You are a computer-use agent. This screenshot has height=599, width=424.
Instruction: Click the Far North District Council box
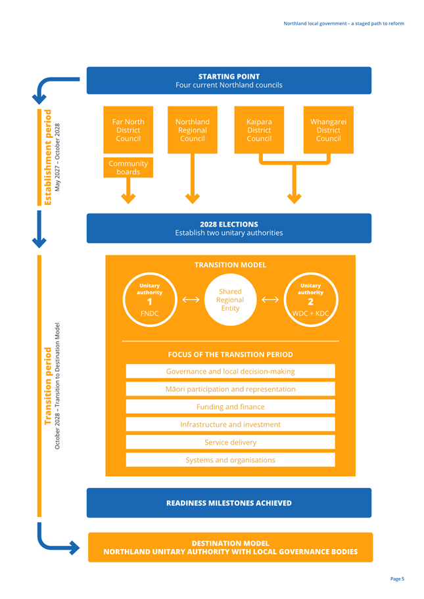(128, 130)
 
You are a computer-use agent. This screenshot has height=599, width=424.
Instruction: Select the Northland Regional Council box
(193, 130)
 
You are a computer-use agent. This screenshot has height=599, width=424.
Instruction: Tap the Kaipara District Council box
(259, 130)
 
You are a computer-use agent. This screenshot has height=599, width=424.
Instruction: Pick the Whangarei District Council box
(329, 130)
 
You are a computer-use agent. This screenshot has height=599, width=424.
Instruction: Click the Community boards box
(128, 167)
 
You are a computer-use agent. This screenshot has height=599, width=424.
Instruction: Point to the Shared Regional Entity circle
(230, 300)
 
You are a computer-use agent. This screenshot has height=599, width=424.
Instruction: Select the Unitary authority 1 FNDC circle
(149, 300)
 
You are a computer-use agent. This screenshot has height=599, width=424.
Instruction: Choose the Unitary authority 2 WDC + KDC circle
(310, 300)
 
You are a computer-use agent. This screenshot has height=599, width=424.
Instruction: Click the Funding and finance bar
(231, 407)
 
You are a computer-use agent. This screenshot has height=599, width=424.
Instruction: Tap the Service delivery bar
(231, 442)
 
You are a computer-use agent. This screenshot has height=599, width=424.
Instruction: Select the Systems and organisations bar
(231, 460)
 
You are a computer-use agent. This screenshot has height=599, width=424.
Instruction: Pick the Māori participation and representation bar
(231, 389)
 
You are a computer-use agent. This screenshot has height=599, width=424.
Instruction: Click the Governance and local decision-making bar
(231, 371)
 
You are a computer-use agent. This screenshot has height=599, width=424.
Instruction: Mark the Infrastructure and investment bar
(231, 424)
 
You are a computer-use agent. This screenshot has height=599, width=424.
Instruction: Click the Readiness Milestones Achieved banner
(229, 502)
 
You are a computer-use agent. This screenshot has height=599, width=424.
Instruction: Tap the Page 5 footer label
(397, 579)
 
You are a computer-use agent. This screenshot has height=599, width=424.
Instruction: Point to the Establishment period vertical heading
(48, 158)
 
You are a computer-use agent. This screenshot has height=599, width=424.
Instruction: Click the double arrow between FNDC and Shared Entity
(191, 299)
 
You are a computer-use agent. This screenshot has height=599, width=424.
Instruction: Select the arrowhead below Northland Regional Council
(193, 198)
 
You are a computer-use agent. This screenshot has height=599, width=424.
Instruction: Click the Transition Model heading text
(230, 265)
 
